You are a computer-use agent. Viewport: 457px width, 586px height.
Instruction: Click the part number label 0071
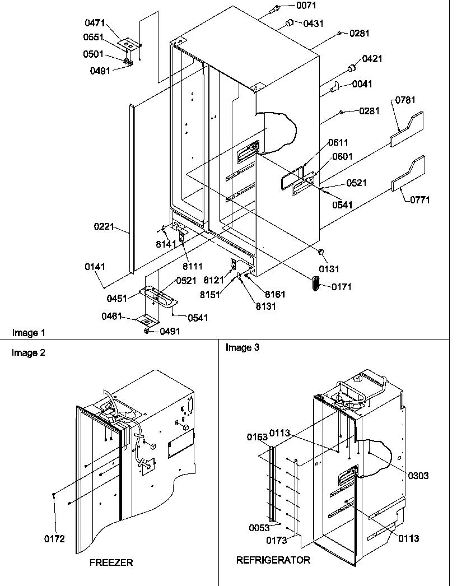point(306,6)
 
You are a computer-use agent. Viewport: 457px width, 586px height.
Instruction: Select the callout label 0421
point(372,58)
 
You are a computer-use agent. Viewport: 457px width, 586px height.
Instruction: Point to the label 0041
point(362,84)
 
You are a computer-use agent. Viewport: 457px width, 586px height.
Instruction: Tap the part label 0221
point(104,227)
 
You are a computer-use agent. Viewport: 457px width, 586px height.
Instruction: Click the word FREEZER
point(111,562)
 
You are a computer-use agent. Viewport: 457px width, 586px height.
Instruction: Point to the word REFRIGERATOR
point(273,560)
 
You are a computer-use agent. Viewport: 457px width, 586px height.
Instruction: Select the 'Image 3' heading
point(243,347)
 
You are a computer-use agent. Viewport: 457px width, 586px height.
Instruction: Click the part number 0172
point(55,539)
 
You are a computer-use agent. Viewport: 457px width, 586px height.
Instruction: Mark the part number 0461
point(112,317)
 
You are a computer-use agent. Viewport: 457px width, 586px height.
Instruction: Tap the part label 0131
point(329,269)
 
